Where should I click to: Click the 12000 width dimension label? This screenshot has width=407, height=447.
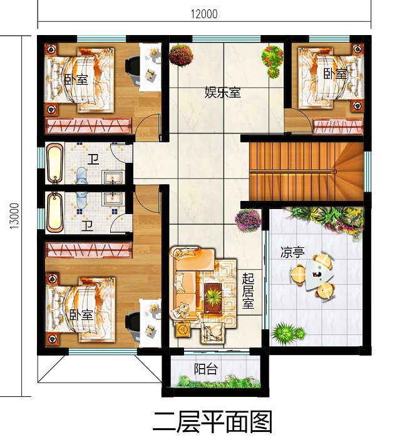(204, 14)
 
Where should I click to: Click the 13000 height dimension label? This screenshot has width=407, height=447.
(14, 216)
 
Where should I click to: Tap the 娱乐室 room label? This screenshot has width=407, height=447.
(222, 93)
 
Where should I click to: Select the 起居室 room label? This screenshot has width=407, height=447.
(248, 290)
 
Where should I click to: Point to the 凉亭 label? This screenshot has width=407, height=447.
(292, 252)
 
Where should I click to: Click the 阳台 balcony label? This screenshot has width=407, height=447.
(206, 369)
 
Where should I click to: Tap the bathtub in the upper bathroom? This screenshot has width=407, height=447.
(55, 163)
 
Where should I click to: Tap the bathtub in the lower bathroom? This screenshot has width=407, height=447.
(55, 212)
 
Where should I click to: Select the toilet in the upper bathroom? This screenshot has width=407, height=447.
(81, 175)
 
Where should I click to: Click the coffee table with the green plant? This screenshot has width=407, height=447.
(214, 297)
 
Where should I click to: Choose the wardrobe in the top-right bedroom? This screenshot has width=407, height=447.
(338, 126)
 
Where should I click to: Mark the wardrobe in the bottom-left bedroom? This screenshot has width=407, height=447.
(89, 250)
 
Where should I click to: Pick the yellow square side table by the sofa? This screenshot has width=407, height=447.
(183, 329)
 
